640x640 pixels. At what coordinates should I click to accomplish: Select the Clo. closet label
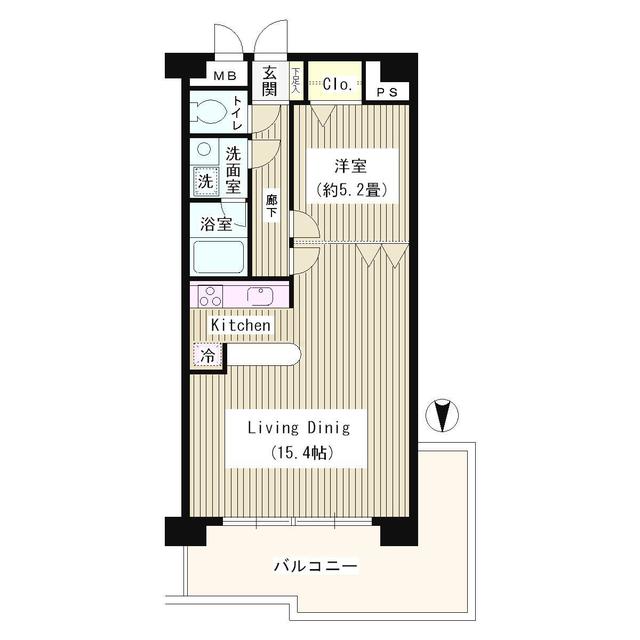tap(336, 85)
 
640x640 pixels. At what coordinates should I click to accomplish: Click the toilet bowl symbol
tap(208, 110)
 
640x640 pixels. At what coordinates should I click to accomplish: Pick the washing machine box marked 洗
tap(204, 182)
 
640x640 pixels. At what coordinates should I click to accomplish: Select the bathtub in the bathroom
tap(218, 257)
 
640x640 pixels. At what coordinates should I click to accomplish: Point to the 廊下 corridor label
tap(271, 205)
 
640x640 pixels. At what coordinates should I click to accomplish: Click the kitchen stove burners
tap(211, 296)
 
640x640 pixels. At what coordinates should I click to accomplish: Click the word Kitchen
tap(240, 326)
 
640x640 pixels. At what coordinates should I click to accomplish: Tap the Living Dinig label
tap(299, 428)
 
